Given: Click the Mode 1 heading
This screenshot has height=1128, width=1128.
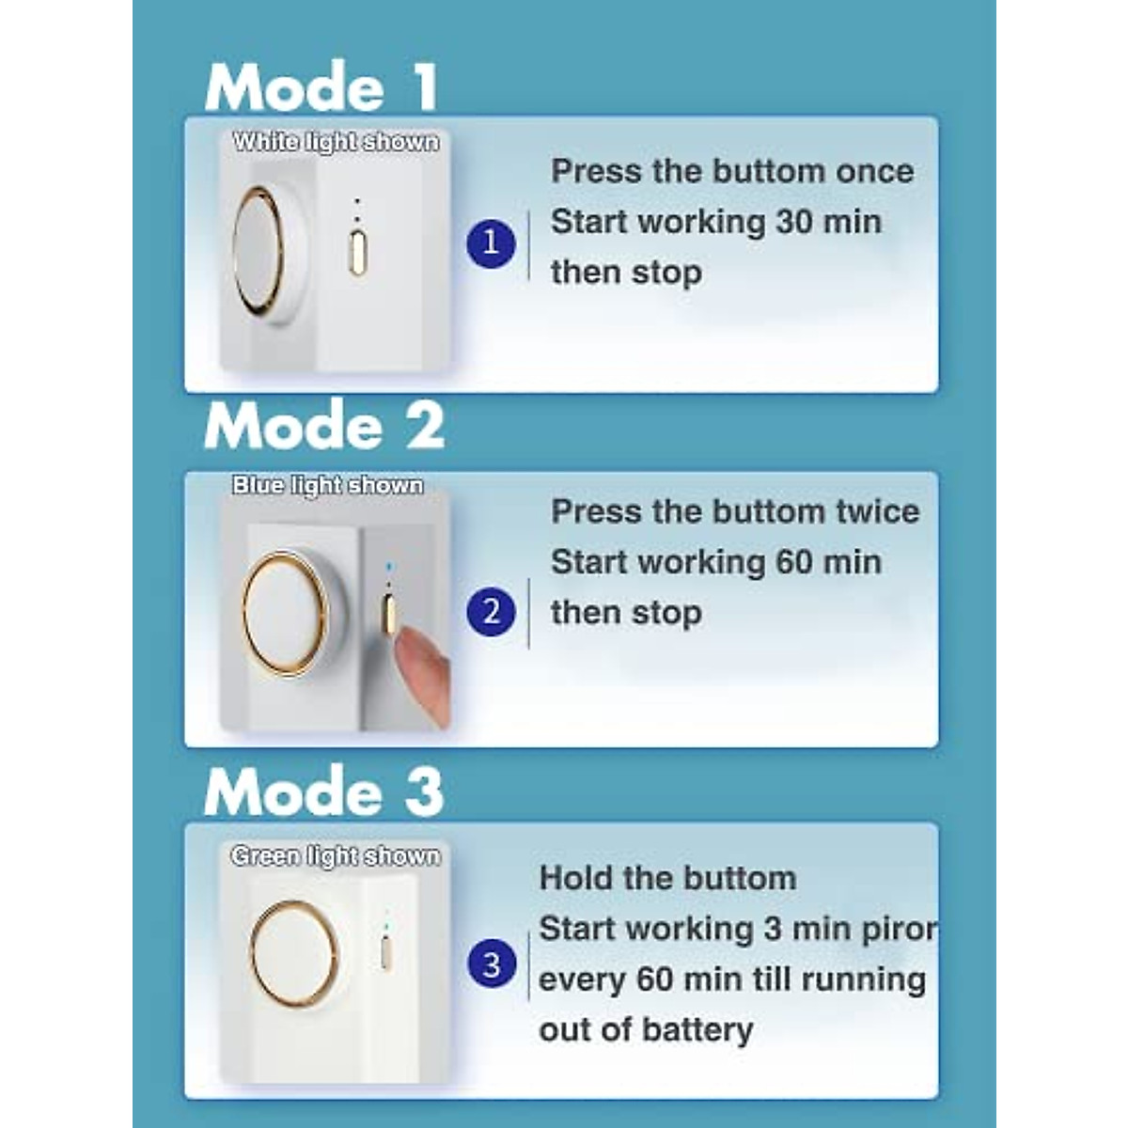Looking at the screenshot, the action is (x=321, y=87).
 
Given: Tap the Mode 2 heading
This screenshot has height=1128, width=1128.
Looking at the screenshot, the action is (x=324, y=426).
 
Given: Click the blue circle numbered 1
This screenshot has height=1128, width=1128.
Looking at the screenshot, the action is (x=491, y=243).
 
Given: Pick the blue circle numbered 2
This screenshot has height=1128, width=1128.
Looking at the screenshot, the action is (x=491, y=612).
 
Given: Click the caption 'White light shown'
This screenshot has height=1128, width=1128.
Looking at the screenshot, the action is (x=336, y=142).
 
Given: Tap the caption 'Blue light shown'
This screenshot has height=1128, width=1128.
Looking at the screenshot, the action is (x=328, y=485).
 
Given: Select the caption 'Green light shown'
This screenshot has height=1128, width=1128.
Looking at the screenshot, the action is (x=336, y=856).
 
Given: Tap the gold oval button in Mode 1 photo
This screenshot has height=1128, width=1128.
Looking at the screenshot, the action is (x=357, y=253).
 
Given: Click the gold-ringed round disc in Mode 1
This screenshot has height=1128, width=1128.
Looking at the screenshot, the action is (x=259, y=248).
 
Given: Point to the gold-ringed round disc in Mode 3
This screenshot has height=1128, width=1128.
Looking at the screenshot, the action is (x=294, y=954).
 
